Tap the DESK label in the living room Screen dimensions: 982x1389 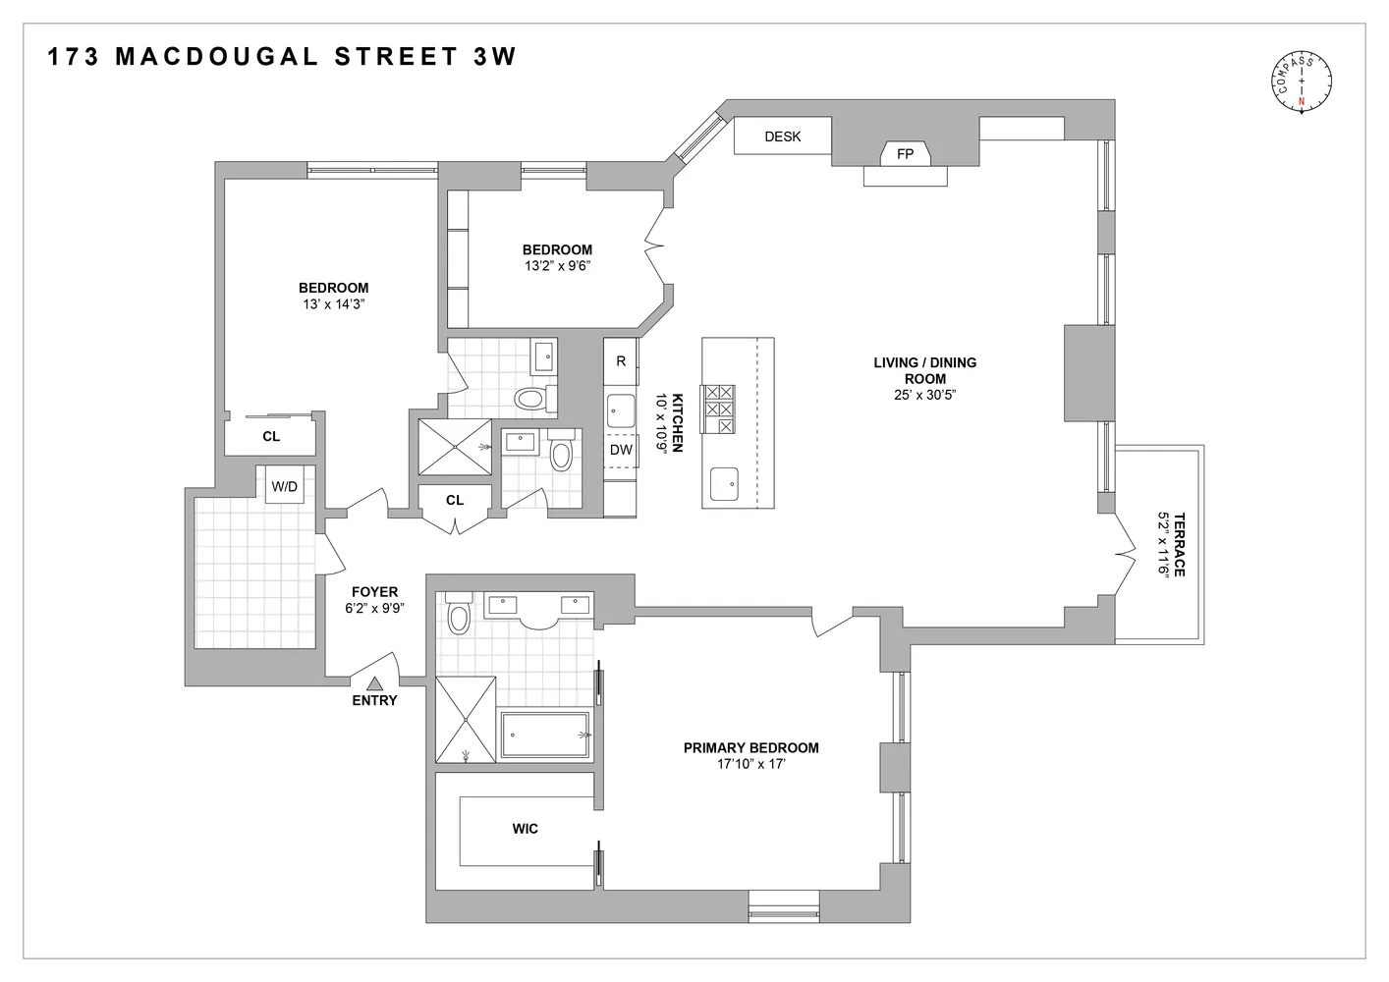click(x=783, y=136)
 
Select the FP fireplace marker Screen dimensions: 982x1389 click(x=905, y=154)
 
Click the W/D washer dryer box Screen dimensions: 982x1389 click(x=285, y=486)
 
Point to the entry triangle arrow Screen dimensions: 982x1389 click(x=374, y=683)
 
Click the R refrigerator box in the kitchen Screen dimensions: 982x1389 click(x=621, y=361)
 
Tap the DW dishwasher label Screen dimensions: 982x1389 click(x=621, y=450)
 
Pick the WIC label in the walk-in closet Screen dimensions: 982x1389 click(x=525, y=829)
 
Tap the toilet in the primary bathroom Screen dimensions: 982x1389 click(x=459, y=617)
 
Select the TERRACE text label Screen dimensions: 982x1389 click(x=1179, y=544)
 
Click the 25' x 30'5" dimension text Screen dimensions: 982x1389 click(x=924, y=395)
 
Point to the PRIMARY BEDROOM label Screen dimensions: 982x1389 click(x=750, y=747)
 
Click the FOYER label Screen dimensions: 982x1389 click(x=374, y=592)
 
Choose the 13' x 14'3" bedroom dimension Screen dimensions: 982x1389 click(x=333, y=304)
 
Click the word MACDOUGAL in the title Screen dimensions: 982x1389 click(x=217, y=56)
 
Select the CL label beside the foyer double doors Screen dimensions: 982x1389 click(x=454, y=500)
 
